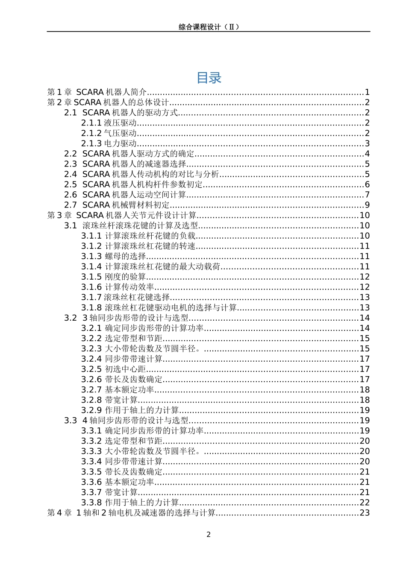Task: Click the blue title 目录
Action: coord(209,78)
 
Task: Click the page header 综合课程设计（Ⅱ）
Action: coord(209,27)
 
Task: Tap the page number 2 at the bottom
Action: coord(209,535)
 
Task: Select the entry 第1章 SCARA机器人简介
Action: coord(97,92)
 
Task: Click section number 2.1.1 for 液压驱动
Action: coord(91,123)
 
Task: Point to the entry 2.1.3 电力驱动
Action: coord(109,143)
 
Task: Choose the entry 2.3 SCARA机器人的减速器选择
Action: coord(125,164)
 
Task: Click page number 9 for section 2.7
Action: coord(367,205)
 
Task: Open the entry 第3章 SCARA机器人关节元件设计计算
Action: coord(122,215)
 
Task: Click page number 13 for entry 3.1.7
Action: coord(365,297)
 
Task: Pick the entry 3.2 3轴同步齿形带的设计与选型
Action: coord(127,318)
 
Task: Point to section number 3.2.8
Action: coord(91,400)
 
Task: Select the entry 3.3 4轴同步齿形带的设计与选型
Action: coord(127,421)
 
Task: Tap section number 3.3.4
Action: coord(91,462)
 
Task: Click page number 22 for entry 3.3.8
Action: coord(365,503)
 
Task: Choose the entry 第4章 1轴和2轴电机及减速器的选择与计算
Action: coord(131,513)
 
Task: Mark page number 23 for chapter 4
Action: coord(365,513)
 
